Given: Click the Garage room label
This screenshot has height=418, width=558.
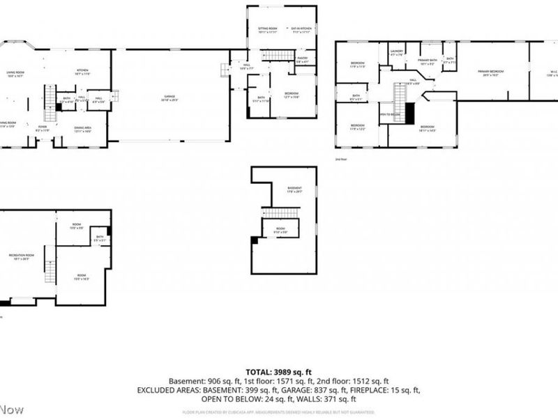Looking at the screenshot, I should (x=170, y=98).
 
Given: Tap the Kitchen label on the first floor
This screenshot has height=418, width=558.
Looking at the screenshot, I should (x=83, y=71).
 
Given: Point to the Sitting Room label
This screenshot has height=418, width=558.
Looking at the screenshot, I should (x=258, y=29).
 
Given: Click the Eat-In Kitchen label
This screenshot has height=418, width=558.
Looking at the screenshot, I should (x=301, y=29).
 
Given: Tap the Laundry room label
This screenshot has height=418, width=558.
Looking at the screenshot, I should (x=397, y=52).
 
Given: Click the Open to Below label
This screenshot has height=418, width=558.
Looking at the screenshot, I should (x=390, y=114).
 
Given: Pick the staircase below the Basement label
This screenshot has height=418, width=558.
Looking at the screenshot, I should (x=280, y=212).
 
